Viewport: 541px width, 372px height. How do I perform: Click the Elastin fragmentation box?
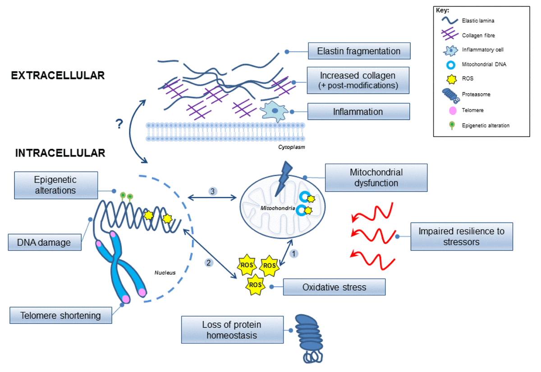tap(359, 51)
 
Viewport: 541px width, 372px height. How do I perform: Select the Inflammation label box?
tap(359, 111)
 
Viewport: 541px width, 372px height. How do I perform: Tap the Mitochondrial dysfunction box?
tap(376, 178)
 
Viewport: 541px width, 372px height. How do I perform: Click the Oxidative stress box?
tap(334, 287)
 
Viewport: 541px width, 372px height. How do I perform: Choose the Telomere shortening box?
tap(61, 315)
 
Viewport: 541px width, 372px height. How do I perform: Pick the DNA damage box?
tap(45, 242)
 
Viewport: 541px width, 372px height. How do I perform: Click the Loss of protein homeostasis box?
tap(232, 330)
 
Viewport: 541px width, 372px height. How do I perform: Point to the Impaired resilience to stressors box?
tap(462, 236)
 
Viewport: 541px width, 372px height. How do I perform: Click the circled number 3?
tap(212, 191)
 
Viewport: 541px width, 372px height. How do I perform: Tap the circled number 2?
tap(209, 263)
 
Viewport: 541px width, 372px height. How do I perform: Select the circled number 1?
tap(293, 254)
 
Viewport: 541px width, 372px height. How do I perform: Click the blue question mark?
tap(119, 124)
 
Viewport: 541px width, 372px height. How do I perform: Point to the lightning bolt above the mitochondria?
tap(284, 178)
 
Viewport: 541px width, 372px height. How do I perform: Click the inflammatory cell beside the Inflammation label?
tap(274, 111)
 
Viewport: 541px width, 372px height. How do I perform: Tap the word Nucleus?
tap(165, 272)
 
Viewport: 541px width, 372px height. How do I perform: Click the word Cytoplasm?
tap(292, 147)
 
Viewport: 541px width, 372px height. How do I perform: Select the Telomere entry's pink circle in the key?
tap(453, 110)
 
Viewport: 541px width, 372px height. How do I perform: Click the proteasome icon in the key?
tap(451, 95)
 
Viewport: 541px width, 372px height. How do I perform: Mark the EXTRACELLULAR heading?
tap(58, 76)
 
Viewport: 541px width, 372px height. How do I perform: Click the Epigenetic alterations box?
tap(56, 185)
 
